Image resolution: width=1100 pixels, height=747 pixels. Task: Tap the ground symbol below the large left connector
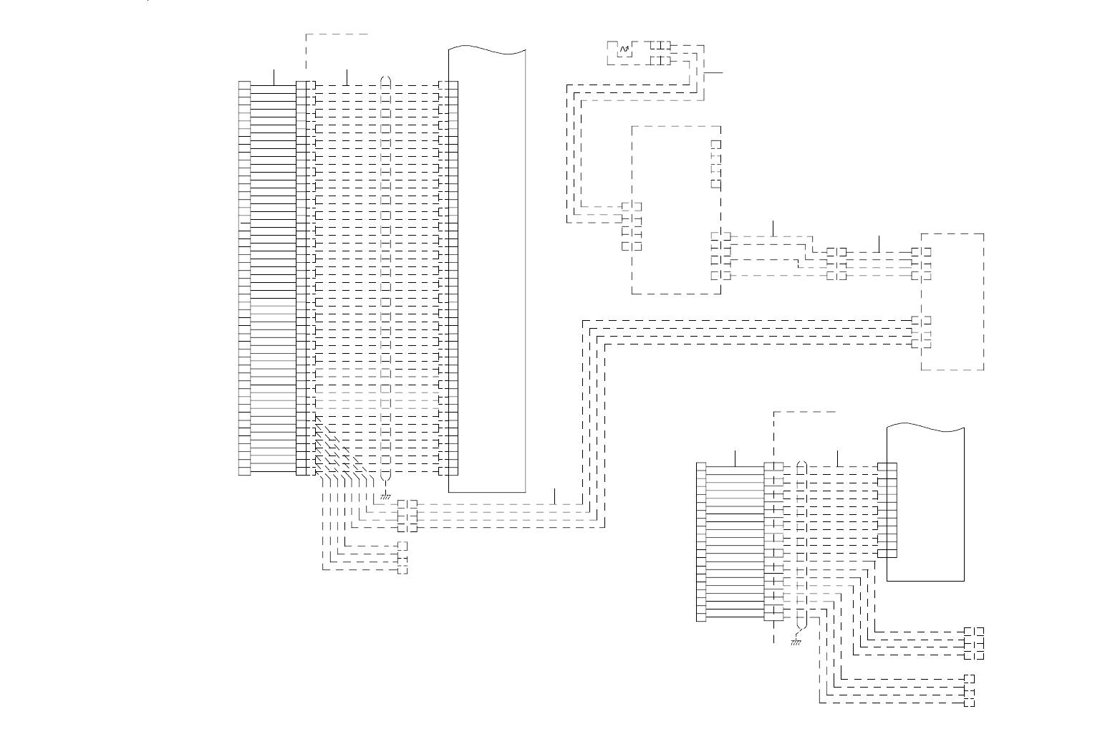pos(385,495)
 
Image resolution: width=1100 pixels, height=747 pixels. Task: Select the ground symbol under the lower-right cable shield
pos(795,642)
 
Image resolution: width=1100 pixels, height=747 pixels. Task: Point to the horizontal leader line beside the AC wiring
pos(714,73)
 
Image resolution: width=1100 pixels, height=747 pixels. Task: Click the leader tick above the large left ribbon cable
pos(274,76)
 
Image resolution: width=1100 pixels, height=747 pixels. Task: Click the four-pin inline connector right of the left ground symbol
pos(407,516)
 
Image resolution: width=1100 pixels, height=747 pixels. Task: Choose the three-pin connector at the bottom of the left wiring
pos(402,558)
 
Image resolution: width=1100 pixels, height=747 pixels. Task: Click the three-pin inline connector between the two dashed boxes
pos(836,264)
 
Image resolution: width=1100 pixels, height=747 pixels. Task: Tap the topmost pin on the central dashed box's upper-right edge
pos(715,144)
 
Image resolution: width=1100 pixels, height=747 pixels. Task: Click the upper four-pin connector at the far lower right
pos(974,643)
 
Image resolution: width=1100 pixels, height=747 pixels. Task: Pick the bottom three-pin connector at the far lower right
pos(970,690)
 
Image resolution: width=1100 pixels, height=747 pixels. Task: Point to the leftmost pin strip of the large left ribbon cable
pos(244,278)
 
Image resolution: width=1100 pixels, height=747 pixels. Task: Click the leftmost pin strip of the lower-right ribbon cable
pos(701,542)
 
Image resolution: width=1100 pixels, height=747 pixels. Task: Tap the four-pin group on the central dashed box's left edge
pos(631,226)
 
